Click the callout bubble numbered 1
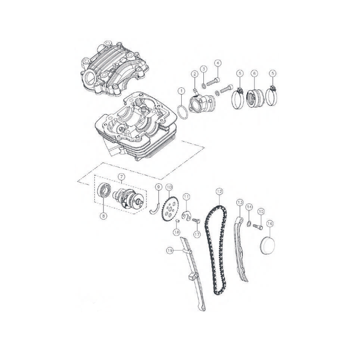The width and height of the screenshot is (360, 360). [181, 91]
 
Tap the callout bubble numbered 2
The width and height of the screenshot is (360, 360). [194, 74]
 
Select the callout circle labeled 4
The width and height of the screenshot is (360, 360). [218, 63]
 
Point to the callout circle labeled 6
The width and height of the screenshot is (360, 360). [254, 73]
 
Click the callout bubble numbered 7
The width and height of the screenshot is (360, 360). [121, 177]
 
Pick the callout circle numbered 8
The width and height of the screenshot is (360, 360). [103, 216]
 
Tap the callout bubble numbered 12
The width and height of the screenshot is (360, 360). [219, 191]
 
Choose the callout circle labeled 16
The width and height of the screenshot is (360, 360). [270, 223]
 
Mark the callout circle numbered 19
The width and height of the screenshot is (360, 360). [170, 251]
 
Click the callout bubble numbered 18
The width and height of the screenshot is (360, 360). [177, 232]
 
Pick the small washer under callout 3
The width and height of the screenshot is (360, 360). [203, 86]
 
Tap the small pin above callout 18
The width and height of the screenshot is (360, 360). [177, 221]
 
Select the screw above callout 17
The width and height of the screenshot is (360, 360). [196, 221]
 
